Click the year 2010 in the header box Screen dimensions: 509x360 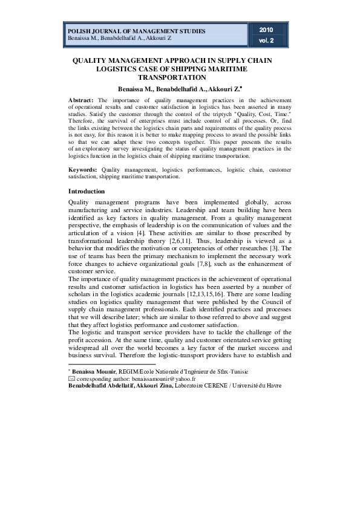[266, 30]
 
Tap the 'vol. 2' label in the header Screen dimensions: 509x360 [266, 41]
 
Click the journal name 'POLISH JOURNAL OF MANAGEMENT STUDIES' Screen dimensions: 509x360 [136, 31]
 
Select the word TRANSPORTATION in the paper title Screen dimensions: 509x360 [172, 78]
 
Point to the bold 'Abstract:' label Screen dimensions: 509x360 [80, 100]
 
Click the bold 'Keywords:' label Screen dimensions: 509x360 [83, 170]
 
